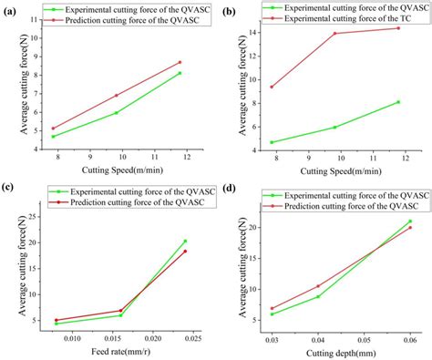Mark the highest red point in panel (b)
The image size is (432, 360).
tap(397, 28)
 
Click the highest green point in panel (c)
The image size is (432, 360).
tap(185, 242)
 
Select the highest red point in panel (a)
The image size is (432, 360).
tap(180, 63)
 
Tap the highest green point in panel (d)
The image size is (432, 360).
tap(409, 221)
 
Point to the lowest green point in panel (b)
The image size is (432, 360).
tap(272, 142)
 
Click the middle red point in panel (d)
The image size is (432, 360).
tap(317, 286)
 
